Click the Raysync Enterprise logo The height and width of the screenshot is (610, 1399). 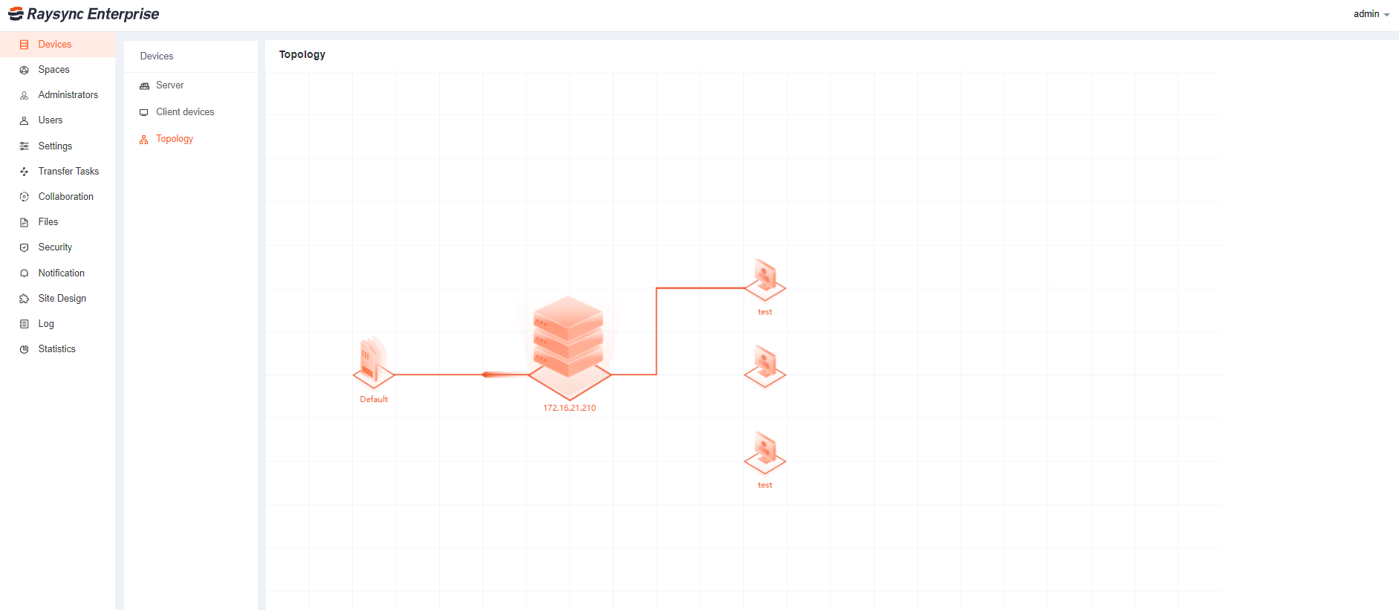click(83, 14)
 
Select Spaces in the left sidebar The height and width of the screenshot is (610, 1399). click(53, 70)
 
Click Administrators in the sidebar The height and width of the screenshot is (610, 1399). click(68, 95)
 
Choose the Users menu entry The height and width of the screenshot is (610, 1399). click(51, 120)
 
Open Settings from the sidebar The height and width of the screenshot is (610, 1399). click(55, 146)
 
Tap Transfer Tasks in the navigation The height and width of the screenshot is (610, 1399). click(68, 172)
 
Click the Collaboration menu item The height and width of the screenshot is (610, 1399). click(65, 197)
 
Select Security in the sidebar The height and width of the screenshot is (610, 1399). click(55, 247)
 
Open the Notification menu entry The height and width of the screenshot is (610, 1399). click(61, 273)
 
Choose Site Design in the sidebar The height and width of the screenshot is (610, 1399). click(62, 299)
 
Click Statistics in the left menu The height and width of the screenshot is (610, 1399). click(56, 349)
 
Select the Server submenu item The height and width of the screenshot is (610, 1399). click(169, 85)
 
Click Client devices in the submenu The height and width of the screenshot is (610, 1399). click(184, 112)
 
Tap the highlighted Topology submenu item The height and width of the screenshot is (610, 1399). click(174, 139)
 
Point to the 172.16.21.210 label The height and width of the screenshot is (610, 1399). click(569, 408)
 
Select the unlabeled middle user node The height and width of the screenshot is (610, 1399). click(765, 366)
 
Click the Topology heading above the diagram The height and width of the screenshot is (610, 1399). click(302, 55)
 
